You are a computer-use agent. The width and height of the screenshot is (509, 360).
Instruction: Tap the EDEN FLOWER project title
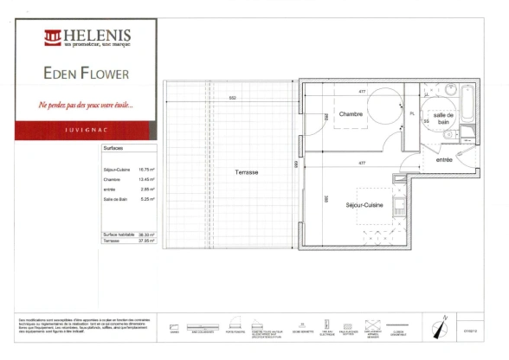tap(86, 74)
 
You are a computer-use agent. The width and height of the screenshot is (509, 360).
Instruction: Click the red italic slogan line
tap(86, 105)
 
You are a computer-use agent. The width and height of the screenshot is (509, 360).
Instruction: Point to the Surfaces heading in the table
tap(113, 149)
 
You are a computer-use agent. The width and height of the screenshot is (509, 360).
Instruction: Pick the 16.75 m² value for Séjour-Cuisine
tap(146, 170)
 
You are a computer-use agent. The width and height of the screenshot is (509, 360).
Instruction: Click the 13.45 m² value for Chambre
tap(146, 179)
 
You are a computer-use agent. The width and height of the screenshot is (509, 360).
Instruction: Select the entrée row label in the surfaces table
tap(108, 189)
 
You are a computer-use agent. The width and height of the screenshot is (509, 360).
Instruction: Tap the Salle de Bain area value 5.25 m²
tap(147, 198)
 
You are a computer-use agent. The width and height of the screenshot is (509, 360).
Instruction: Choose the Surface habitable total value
tap(146, 235)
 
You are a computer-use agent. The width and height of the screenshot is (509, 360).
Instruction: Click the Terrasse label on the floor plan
tap(246, 171)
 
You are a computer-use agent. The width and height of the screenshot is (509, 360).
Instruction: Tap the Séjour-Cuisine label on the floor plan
tap(362, 206)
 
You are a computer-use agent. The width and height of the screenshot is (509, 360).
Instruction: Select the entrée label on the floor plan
tap(444, 159)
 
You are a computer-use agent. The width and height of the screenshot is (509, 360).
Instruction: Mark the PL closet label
tap(412, 113)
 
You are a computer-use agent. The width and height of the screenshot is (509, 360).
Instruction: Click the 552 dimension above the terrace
tap(233, 97)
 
